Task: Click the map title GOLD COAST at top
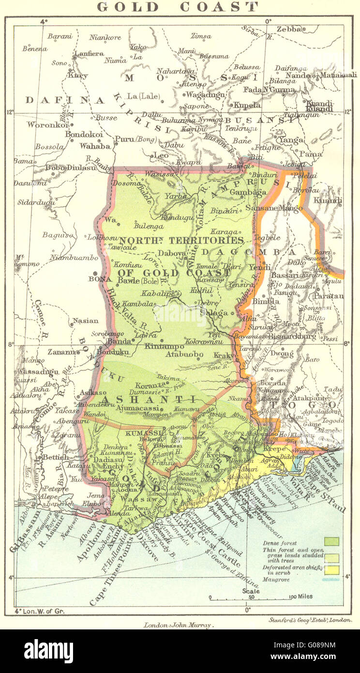pyautogui.click(x=178, y=7)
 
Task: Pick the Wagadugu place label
pyautogui.click(x=206, y=95)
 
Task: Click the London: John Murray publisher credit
pyautogui.click(x=179, y=625)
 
